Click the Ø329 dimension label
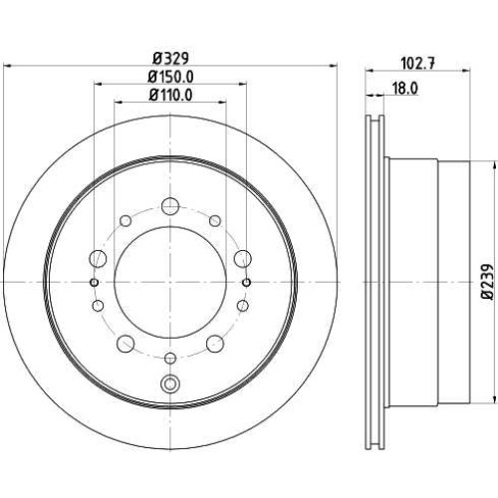point(170,59)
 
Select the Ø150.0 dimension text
point(170,77)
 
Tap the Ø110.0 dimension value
point(170,96)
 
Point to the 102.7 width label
point(417,63)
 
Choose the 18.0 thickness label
point(405,89)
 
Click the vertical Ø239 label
point(487,282)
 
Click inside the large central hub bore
point(170,282)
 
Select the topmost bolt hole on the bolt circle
point(170,206)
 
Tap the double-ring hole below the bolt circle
point(169,384)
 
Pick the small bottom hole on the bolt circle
point(170,359)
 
